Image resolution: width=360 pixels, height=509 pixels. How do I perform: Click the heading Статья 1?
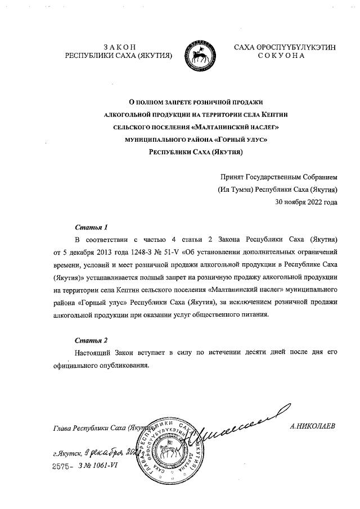(91, 228)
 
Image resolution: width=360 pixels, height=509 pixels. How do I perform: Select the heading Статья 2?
(91, 340)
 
